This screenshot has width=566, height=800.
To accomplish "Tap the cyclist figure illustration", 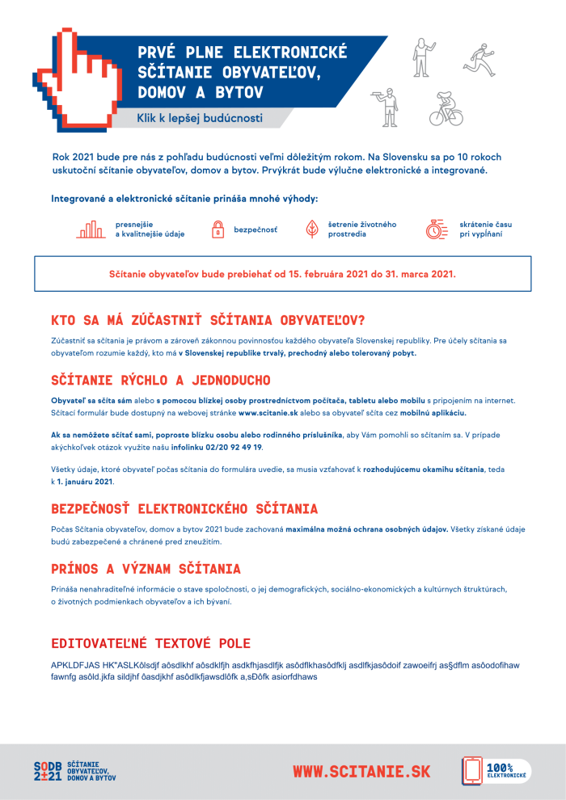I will [x=446, y=108].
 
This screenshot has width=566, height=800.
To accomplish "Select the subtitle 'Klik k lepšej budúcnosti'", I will [x=200, y=118].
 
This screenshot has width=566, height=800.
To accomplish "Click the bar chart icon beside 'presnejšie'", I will [x=91, y=229].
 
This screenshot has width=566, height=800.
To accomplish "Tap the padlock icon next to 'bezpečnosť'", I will [x=218, y=230].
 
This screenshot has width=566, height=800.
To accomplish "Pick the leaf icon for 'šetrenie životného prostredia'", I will [x=311, y=229].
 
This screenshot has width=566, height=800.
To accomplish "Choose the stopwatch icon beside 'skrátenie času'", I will [x=437, y=229].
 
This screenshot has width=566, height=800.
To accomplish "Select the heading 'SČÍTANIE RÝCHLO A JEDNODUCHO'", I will [x=160, y=380].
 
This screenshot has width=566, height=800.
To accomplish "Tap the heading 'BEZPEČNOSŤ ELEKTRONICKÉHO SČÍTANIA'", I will [x=184, y=509].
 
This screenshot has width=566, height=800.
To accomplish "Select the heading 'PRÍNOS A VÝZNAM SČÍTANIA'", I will [x=146, y=569].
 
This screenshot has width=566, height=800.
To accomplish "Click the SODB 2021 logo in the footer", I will [x=74, y=771].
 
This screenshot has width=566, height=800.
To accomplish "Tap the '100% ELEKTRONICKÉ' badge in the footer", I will [x=496, y=771].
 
